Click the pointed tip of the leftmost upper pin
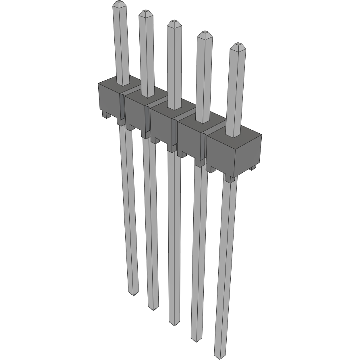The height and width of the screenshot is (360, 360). click(x=118, y=4)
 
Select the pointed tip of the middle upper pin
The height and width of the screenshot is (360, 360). click(x=173, y=22)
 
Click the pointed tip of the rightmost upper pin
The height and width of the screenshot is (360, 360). click(x=238, y=45)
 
